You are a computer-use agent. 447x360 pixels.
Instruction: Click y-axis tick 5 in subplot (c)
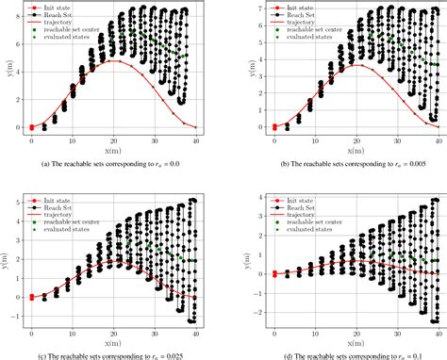click(x=19, y=202)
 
